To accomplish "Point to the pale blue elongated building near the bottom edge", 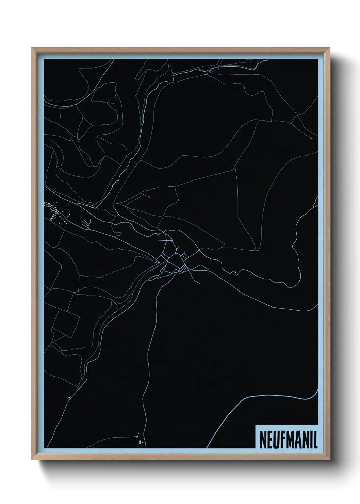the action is tap(138, 436).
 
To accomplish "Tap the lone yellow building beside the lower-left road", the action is tap(69, 396).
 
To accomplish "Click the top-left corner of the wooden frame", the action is tap(32, 48).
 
